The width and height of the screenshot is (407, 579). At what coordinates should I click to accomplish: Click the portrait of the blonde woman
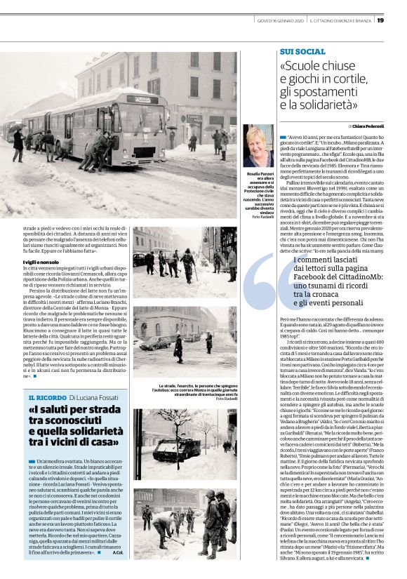pos(258,147)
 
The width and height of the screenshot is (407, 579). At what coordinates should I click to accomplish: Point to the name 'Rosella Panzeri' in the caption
pos(258,173)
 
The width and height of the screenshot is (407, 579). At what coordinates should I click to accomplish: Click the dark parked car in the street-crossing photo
pos(154,343)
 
